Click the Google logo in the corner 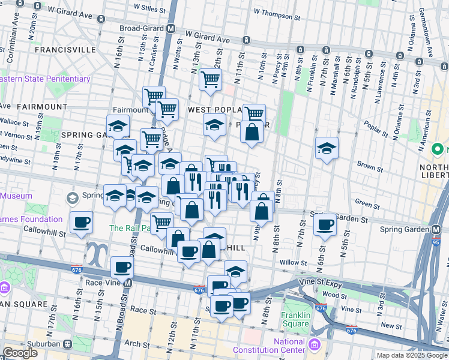click(20, 353)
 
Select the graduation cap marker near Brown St click(327, 148)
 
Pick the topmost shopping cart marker click(209, 79)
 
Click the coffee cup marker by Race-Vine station click(122, 267)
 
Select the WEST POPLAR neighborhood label click(214, 110)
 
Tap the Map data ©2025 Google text click(412, 355)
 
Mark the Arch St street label click(137, 344)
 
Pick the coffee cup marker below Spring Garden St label click(325, 225)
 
